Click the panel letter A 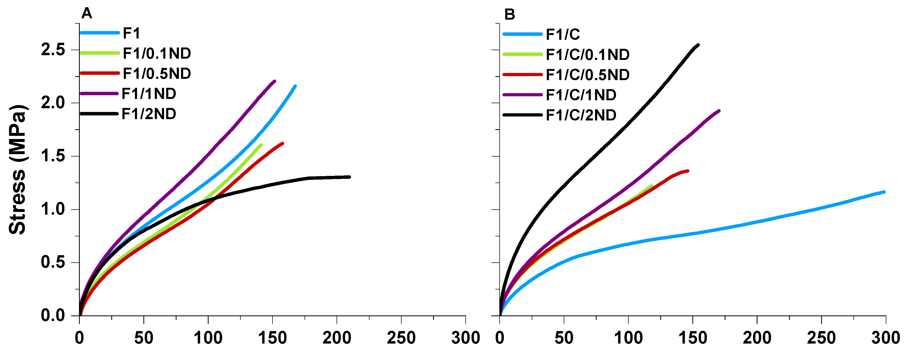pos(87,14)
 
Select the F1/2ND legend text pos(149,114)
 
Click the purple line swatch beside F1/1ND pos(99,94)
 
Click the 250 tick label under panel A pos(401,338)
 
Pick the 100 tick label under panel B pos(628,338)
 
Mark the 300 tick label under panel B pos(885,338)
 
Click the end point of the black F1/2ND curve pos(349,177)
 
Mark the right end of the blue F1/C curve pos(884,192)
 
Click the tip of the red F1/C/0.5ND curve pos(688,171)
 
